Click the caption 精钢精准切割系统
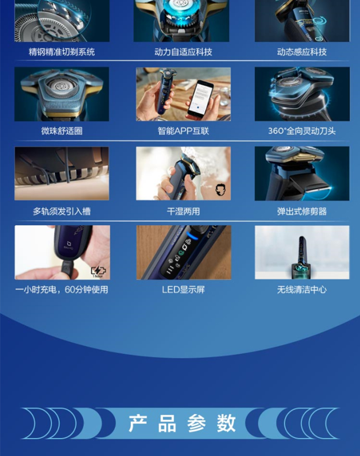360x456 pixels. click(x=61, y=52)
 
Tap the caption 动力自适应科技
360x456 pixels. click(x=183, y=52)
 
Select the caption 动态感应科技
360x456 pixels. click(x=302, y=52)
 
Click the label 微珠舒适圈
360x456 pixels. click(x=61, y=131)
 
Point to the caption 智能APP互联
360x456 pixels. click(x=183, y=131)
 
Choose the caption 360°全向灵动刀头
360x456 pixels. click(x=302, y=131)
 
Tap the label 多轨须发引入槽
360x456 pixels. click(x=61, y=211)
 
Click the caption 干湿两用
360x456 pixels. click(x=183, y=211)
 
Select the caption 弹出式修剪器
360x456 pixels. click(x=302, y=211)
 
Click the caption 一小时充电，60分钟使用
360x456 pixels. click(x=61, y=289)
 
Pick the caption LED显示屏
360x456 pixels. click(x=183, y=289)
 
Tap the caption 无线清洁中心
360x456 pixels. click(x=302, y=289)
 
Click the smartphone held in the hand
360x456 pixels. click(x=200, y=99)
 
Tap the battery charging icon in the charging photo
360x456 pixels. click(x=98, y=271)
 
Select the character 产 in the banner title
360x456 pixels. click(x=138, y=423)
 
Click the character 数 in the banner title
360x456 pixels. click(x=226, y=423)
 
